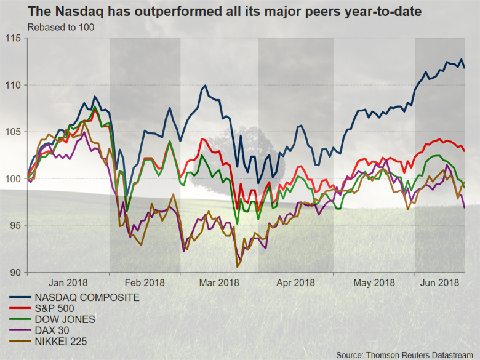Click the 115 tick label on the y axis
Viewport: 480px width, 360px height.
[14, 38]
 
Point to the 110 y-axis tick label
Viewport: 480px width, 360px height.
[14, 85]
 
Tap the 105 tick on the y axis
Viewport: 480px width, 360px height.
[14, 132]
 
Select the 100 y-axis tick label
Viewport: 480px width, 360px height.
[14, 178]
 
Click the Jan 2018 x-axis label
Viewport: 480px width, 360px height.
[68, 282]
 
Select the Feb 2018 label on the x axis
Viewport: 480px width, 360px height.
[144, 282]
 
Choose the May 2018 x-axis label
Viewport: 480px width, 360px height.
[374, 282]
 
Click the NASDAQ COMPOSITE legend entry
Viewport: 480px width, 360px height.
[87, 297]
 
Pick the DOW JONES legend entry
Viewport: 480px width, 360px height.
[65, 319]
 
